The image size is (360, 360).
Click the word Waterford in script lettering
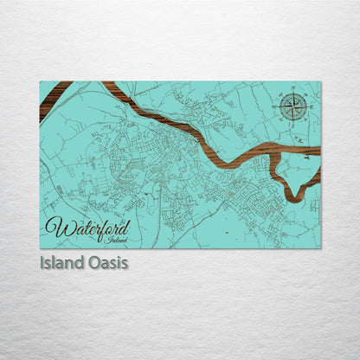(87, 228)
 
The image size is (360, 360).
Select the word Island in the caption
(61, 261)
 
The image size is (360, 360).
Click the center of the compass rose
(293, 107)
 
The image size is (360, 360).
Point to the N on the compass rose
(293, 91)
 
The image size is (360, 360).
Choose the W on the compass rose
(278, 107)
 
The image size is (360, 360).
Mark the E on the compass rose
(309, 107)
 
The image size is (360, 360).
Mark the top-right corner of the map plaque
(320, 82)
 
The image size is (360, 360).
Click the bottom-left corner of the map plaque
(40, 249)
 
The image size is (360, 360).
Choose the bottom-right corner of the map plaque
(320, 249)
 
